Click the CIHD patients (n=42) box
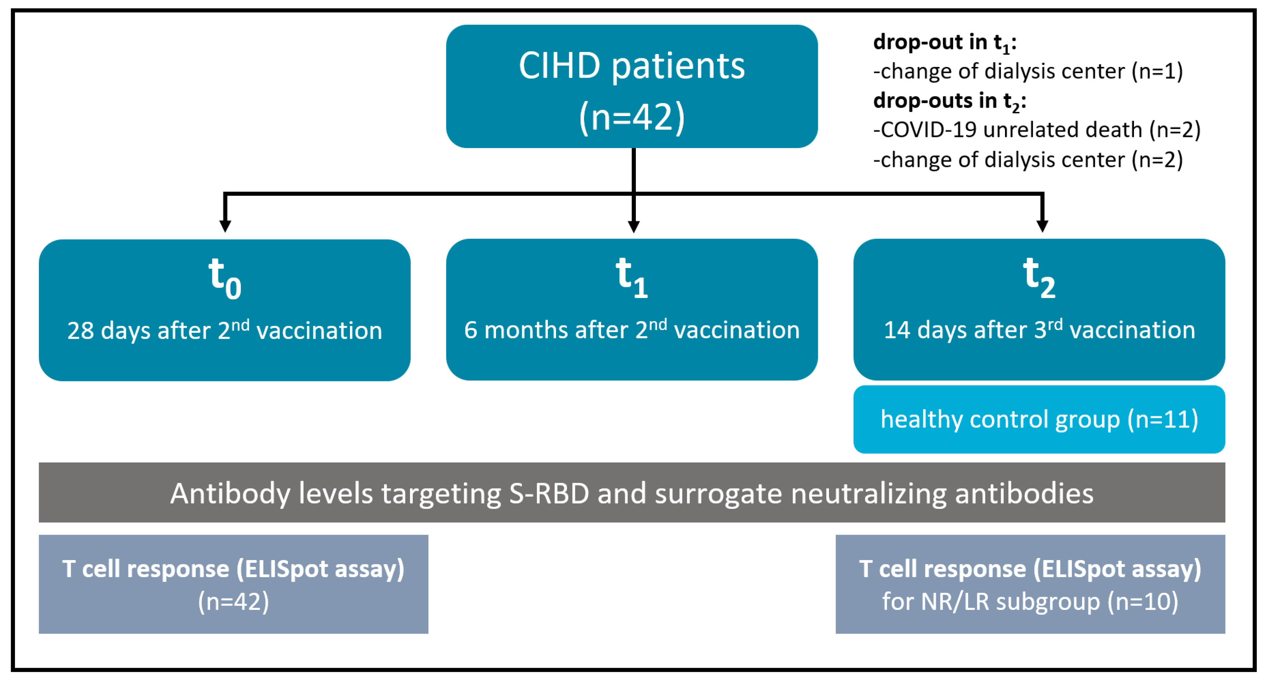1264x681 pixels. click(632, 86)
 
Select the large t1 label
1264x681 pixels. click(632, 277)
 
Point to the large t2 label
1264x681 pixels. click(1039, 277)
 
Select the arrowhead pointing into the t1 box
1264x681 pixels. click(633, 226)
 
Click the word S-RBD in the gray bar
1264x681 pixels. click(549, 493)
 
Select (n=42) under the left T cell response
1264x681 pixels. click(234, 602)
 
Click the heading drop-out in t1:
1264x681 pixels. click(945, 43)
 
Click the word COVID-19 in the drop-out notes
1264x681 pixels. click(927, 130)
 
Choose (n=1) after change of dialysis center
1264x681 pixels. click(1157, 72)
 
